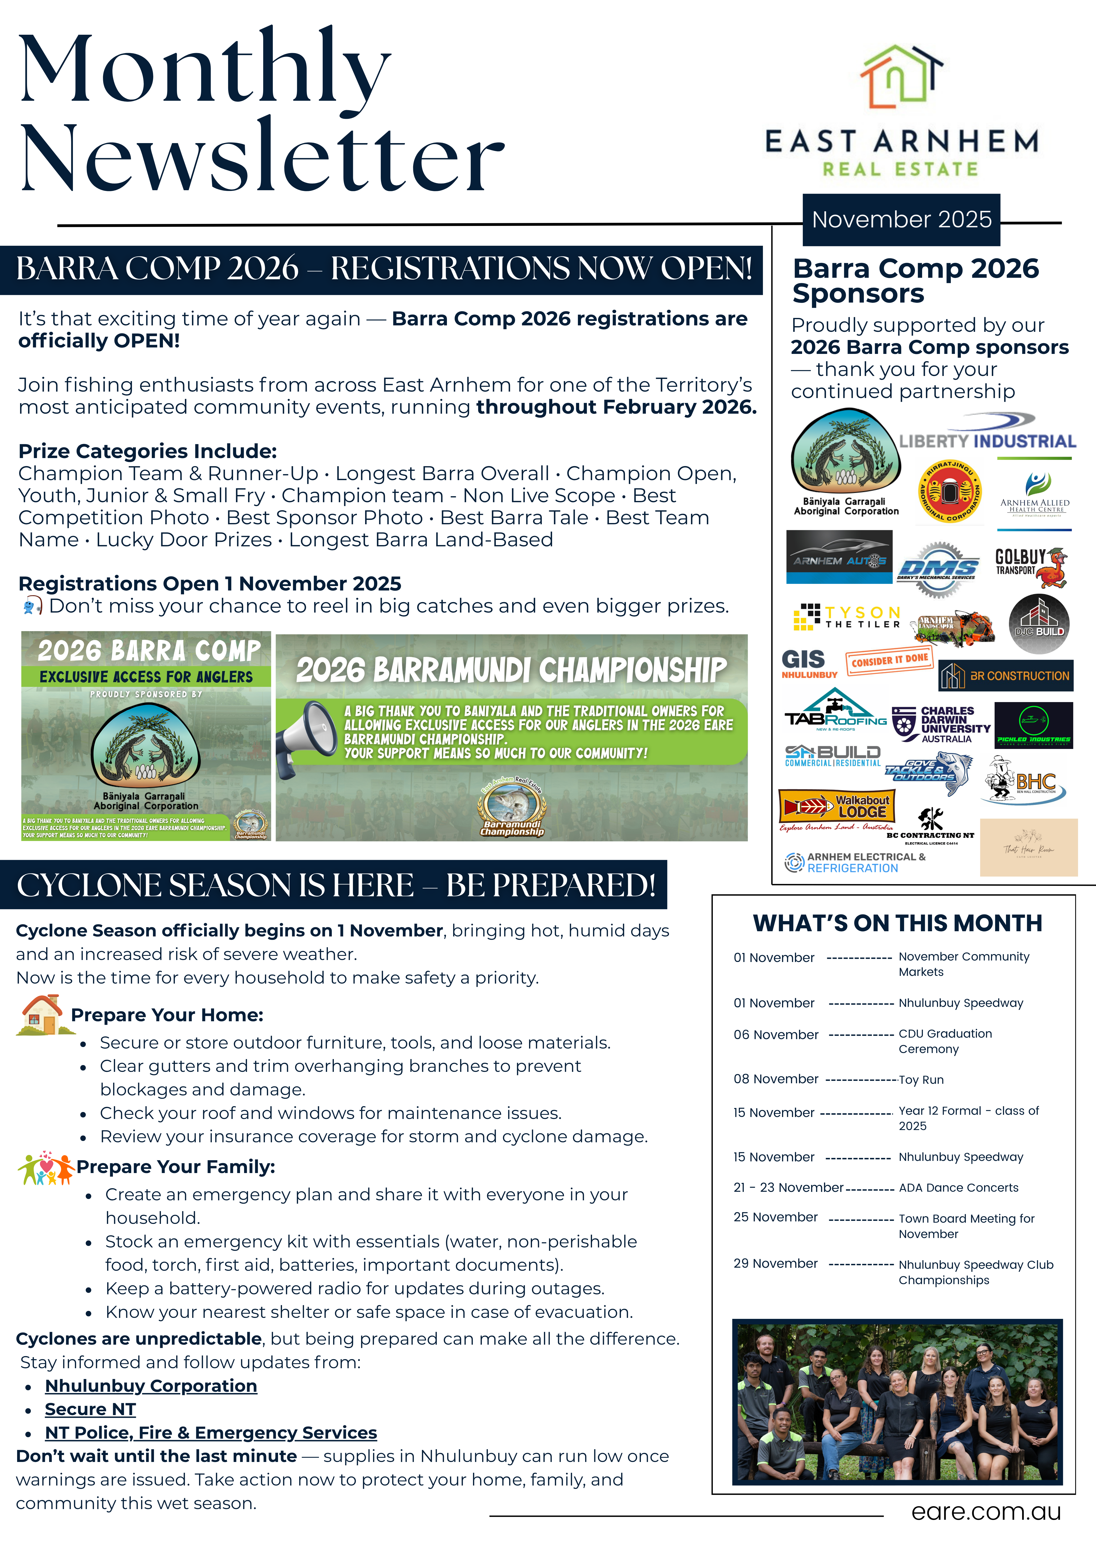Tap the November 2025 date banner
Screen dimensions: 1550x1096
pyautogui.click(x=901, y=219)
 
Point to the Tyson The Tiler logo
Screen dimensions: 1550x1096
pyautogui.click(x=846, y=616)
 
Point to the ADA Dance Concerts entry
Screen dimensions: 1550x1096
pyautogui.click(x=958, y=1187)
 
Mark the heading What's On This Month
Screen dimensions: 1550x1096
pyautogui.click(x=898, y=923)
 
